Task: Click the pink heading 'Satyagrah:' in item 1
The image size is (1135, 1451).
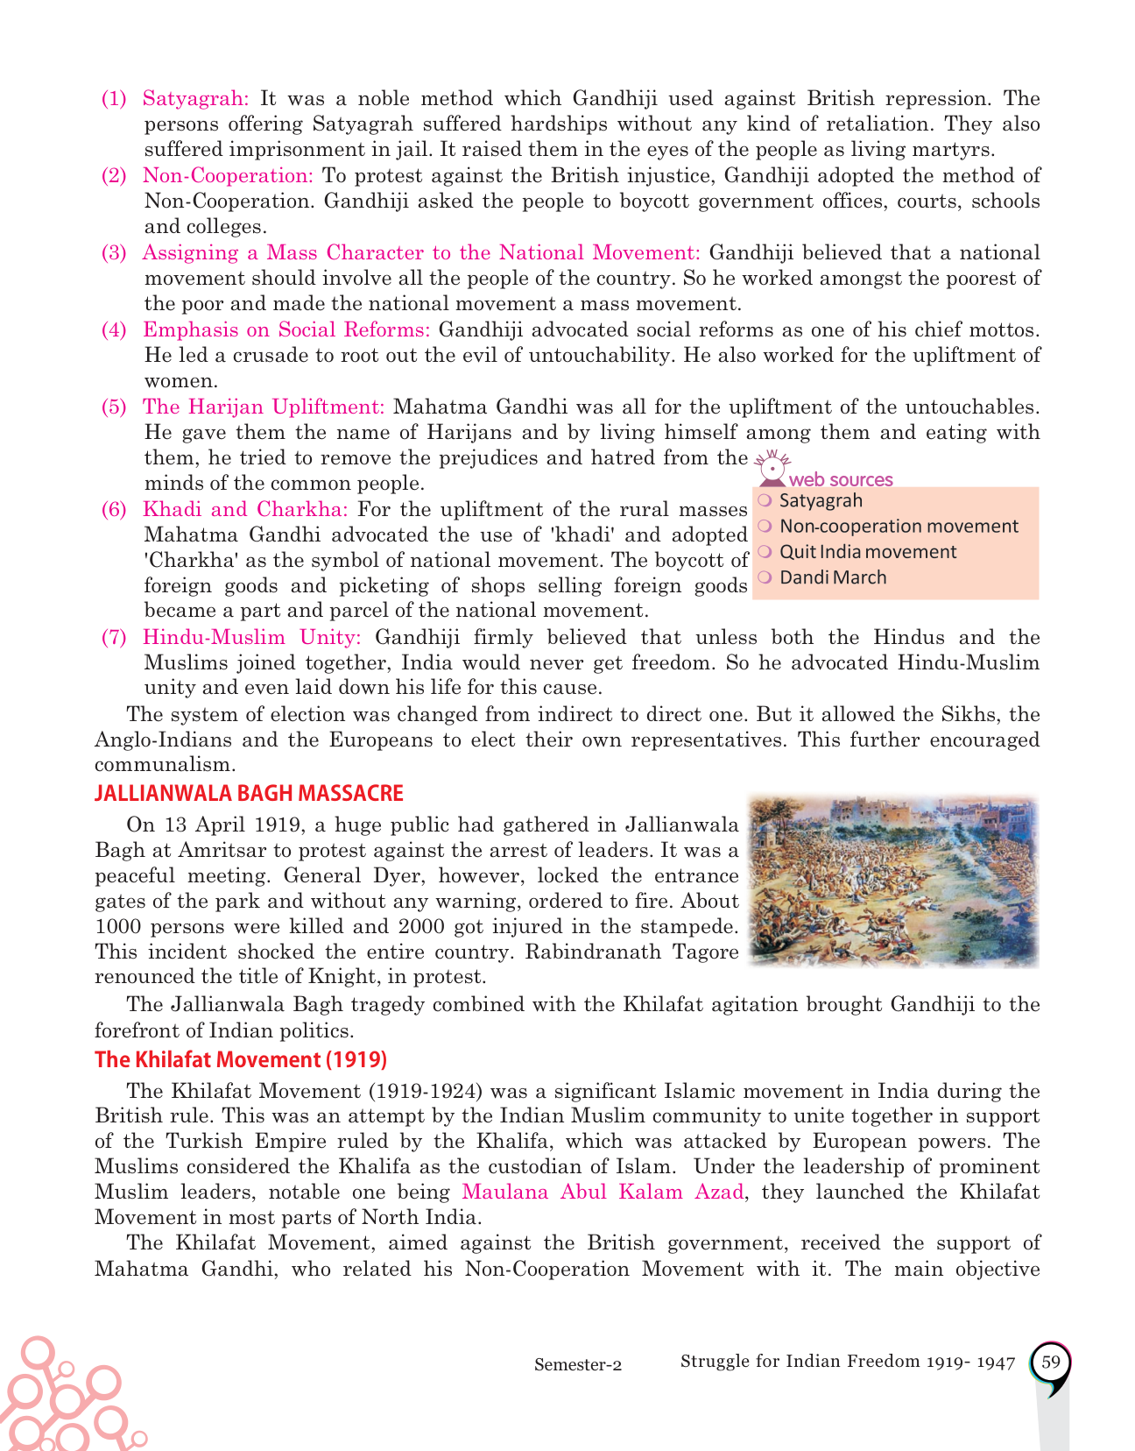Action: (195, 98)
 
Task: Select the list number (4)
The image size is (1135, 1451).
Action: (114, 329)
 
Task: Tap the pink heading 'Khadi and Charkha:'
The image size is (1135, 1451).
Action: (245, 509)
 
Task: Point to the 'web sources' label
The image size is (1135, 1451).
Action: (840, 479)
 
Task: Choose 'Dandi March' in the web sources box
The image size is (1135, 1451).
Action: (832, 577)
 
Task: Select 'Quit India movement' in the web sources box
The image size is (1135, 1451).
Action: (867, 552)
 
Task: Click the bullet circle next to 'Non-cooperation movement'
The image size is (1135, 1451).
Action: (765, 526)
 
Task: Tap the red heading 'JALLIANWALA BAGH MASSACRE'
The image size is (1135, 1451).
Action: (249, 793)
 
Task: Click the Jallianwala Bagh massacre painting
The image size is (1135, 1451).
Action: (893, 881)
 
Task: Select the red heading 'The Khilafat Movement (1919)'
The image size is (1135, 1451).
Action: (241, 1059)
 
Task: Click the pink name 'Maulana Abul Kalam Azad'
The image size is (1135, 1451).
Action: (603, 1192)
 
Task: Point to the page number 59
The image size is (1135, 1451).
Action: (1051, 1363)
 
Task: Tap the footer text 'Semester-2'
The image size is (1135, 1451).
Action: (578, 1364)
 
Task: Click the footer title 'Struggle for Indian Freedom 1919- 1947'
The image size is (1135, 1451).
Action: (847, 1362)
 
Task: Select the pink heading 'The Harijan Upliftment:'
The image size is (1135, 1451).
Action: (264, 407)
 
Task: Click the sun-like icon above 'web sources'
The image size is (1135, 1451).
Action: (772, 465)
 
